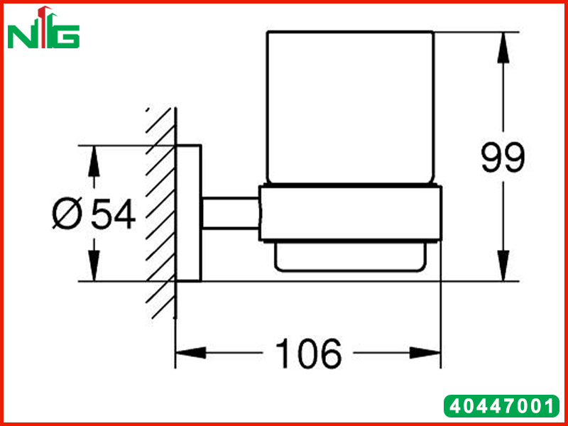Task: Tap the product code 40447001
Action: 501,406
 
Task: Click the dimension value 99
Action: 503,158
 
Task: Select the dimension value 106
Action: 308,353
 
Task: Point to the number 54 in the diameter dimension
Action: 113,214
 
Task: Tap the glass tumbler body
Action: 350,108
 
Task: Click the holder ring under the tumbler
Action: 350,214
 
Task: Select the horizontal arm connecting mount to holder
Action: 230,214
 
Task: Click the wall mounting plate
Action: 188,214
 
